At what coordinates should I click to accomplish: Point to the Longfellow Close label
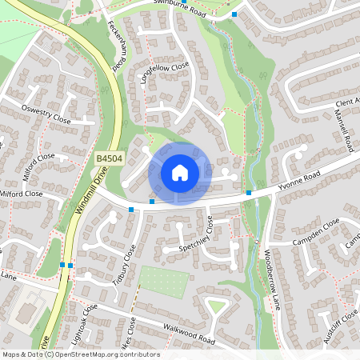[x=163, y=72]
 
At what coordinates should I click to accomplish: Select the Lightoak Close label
[x=84, y=323]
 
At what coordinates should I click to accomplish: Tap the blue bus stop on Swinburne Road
[x=234, y=14]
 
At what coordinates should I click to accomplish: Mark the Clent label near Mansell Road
[x=346, y=103]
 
